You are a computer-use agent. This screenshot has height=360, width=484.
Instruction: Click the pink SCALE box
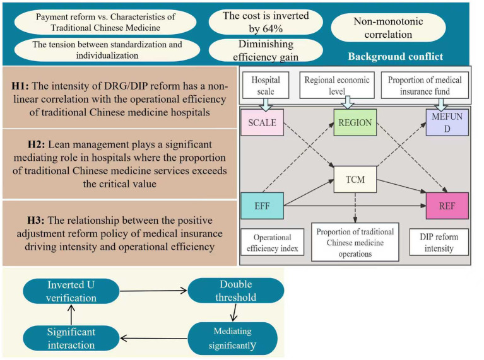(262, 122)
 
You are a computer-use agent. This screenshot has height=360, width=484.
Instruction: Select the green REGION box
(355, 122)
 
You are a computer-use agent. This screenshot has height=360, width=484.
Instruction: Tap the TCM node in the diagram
(355, 179)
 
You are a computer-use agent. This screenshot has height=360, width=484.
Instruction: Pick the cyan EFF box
(262, 206)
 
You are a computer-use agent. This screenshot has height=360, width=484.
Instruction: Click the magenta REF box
(447, 206)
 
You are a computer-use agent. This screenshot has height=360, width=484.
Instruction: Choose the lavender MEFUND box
(447, 122)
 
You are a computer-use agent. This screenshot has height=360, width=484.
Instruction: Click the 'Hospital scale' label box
(266, 86)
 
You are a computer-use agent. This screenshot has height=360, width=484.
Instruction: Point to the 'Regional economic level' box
(337, 86)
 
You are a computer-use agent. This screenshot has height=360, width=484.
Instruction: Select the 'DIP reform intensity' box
(439, 242)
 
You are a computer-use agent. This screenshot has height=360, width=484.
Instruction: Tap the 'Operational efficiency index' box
(272, 242)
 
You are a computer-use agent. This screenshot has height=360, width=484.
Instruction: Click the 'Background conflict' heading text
(396, 57)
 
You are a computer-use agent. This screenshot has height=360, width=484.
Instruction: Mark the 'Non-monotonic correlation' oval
(388, 28)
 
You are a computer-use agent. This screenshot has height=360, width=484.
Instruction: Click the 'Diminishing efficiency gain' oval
(266, 50)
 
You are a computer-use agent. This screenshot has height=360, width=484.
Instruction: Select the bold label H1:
(20, 86)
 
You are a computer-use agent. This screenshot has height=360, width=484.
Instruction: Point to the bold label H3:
(36, 220)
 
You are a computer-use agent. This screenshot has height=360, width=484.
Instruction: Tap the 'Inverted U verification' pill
(71, 291)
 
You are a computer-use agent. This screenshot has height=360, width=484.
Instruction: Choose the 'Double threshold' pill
(235, 291)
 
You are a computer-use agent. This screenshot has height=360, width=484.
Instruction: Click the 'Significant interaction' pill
(71, 339)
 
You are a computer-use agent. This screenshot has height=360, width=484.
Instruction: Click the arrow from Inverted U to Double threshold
(153, 291)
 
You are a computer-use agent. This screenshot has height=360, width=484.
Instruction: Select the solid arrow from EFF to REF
(355, 206)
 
